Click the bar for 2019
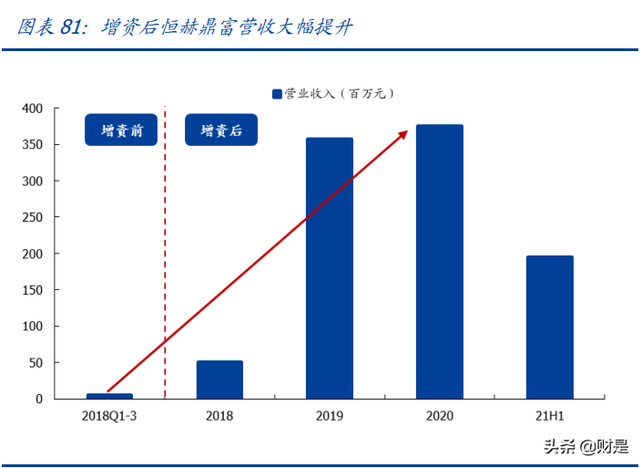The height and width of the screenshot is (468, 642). [330, 268]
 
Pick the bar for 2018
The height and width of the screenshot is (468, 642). [219, 380]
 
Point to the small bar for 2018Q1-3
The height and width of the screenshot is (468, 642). [109, 396]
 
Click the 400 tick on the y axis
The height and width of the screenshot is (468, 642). [32, 109]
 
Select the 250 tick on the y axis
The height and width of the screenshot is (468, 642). [32, 217]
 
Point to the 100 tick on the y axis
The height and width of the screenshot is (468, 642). [32, 327]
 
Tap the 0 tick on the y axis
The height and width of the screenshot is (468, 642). [39, 399]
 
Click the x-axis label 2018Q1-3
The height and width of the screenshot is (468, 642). [109, 416]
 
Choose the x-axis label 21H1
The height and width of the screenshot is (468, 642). [549, 416]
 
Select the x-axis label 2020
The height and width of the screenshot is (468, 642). [439, 416]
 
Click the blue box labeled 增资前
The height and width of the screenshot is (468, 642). [122, 130]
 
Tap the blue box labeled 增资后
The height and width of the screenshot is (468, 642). [221, 130]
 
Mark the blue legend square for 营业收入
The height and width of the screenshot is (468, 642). [278, 93]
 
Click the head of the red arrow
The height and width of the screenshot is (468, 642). [403, 134]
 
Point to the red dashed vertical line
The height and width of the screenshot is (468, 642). [165, 274]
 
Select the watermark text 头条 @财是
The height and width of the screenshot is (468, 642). [586, 446]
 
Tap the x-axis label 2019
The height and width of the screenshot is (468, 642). [330, 416]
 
